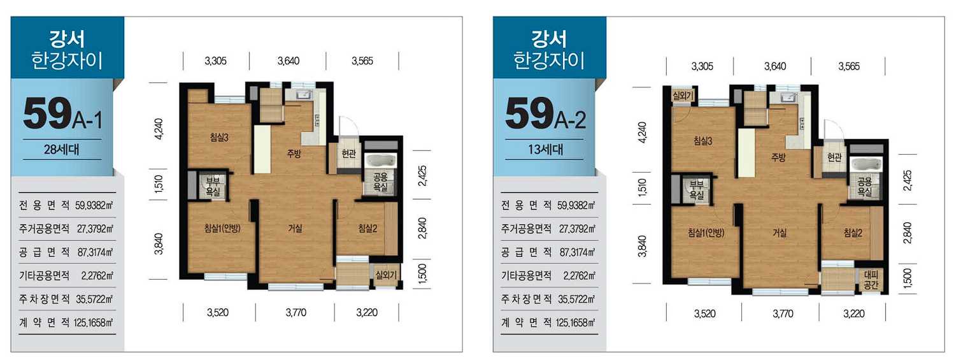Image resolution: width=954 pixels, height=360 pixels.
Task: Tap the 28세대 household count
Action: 61,150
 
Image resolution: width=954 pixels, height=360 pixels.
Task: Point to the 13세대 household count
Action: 546,150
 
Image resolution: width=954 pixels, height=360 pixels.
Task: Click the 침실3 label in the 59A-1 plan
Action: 219,137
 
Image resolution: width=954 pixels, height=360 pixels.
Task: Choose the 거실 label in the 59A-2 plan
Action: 780,233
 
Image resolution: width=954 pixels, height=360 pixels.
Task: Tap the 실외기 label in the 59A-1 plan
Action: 386,275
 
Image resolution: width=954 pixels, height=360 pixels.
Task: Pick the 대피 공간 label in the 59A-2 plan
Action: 871,280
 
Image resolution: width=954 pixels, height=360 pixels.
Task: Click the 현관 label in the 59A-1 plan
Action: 348,153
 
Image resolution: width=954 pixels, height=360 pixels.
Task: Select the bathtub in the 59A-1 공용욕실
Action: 380,162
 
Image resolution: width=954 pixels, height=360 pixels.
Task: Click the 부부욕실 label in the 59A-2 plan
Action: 697,190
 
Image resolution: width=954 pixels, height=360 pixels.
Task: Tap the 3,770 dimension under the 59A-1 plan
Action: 295,313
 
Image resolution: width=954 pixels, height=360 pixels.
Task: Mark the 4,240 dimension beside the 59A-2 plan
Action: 643,133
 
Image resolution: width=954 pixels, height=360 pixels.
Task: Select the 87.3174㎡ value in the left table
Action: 95,252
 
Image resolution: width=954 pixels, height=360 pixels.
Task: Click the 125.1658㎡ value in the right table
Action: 575,323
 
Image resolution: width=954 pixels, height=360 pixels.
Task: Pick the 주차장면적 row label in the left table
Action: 44,299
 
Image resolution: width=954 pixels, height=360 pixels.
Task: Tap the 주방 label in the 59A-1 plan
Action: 294,154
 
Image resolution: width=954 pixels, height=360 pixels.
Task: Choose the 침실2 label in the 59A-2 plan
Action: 853,233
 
